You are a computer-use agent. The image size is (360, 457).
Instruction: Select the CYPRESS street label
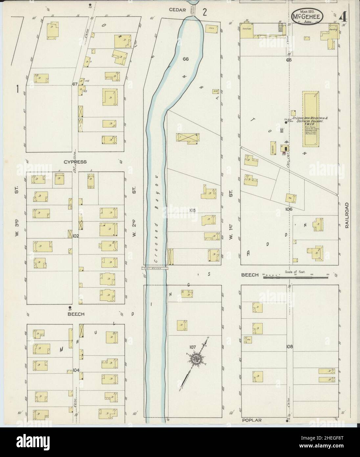(75, 162)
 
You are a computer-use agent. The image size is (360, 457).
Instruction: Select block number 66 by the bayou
(186, 59)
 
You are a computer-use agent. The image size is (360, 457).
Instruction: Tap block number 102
(76, 236)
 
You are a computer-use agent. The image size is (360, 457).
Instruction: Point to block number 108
(289, 347)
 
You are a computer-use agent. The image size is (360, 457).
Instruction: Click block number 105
(192, 210)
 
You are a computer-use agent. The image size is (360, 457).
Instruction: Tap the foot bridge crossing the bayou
(155, 268)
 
